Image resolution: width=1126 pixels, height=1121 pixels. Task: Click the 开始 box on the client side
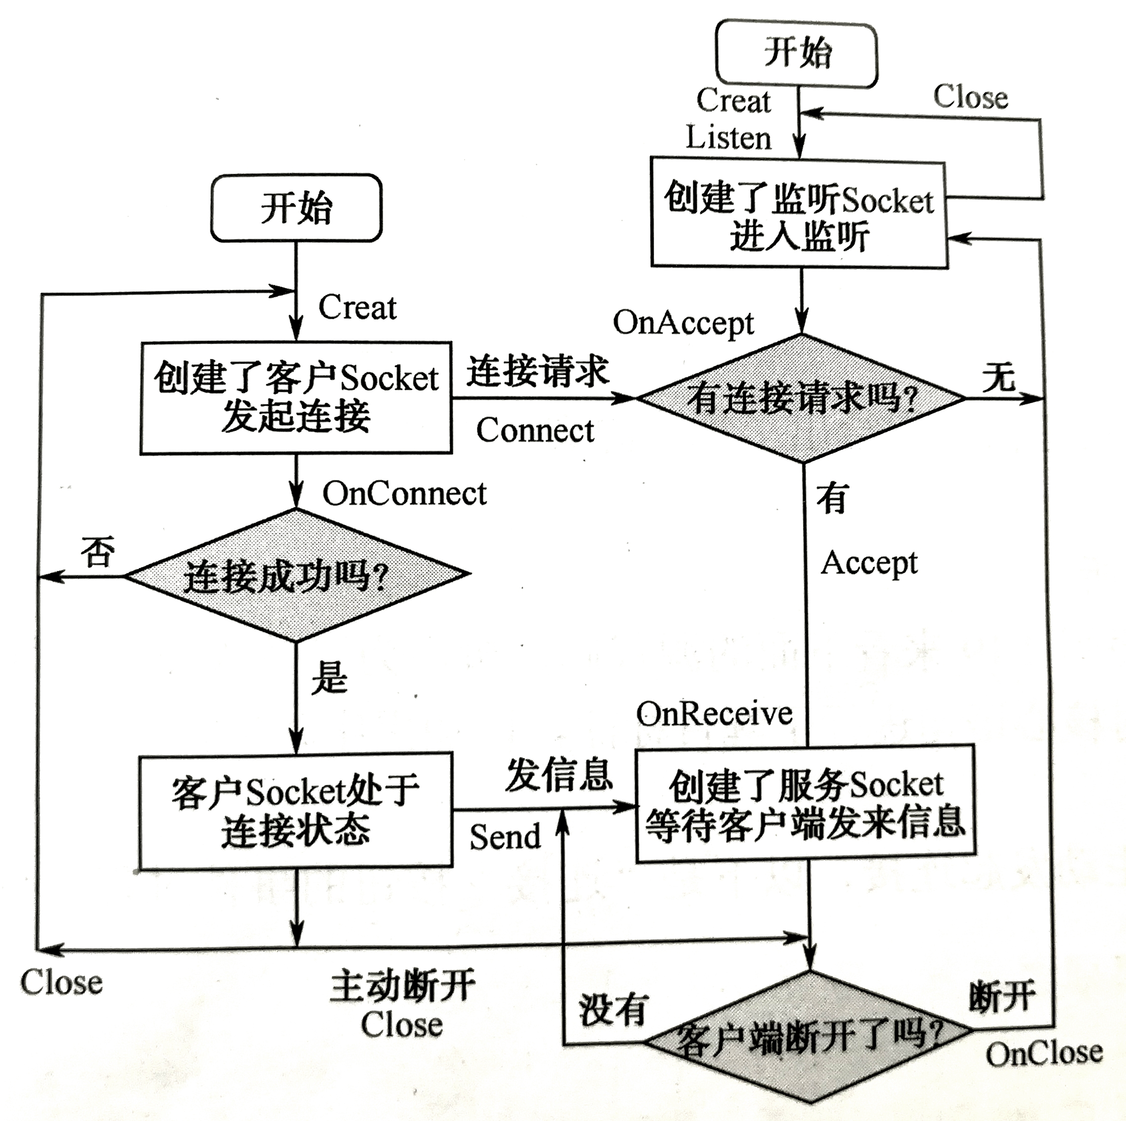(296, 208)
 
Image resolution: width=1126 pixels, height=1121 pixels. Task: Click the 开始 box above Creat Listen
(796, 54)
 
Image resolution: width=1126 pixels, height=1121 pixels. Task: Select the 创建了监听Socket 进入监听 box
(799, 213)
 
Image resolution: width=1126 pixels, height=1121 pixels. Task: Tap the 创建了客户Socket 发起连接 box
(296, 398)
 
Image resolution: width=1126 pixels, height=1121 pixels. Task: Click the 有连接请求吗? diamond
(802, 399)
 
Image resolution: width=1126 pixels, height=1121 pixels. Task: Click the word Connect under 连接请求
(534, 431)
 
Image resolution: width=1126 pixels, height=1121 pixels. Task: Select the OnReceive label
(714, 713)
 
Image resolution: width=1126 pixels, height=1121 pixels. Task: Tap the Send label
(505, 837)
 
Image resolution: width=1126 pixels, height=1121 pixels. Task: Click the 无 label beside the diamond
(999, 377)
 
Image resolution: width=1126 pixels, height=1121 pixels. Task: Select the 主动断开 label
(402, 986)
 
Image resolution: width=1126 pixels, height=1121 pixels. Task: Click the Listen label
(728, 138)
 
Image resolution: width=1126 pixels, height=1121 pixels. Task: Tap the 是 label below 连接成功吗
(330, 679)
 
